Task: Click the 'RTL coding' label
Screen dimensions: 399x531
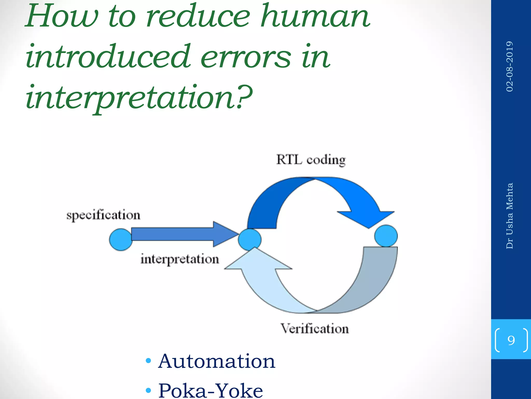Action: tap(311, 160)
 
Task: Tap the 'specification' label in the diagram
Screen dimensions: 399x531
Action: tap(103, 215)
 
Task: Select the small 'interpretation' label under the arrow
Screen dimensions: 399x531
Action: tap(180, 260)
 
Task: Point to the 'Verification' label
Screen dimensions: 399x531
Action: tap(315, 329)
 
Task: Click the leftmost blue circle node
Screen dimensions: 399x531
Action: tap(121, 240)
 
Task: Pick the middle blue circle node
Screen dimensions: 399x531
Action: tap(249, 239)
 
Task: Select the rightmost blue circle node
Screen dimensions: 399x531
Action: tap(386, 236)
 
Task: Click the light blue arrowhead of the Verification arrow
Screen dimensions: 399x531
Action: tap(257, 262)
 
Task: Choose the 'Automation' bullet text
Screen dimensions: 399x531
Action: tap(216, 361)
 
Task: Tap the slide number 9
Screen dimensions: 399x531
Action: tap(511, 340)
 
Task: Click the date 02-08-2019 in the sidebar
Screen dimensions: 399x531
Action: tap(509, 66)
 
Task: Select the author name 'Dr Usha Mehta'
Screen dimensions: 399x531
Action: tap(509, 216)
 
